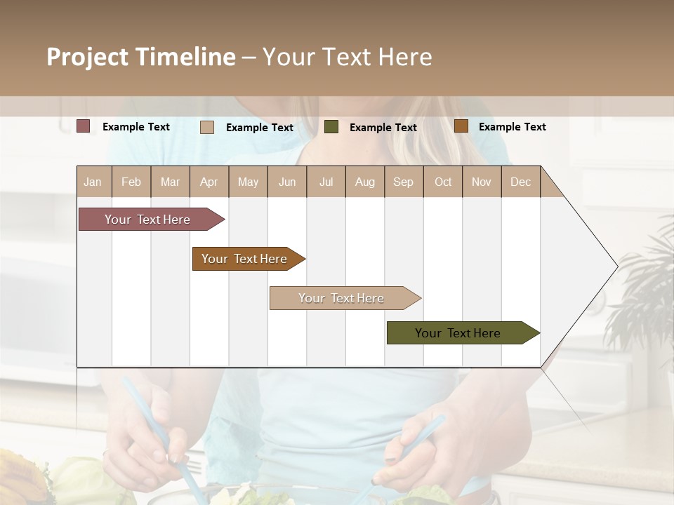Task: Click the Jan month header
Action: click(93, 182)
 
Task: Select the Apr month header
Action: click(209, 182)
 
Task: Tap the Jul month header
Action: click(326, 182)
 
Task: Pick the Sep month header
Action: click(404, 182)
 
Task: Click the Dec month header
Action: click(521, 182)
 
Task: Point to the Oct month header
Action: click(443, 182)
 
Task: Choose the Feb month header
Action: click(131, 182)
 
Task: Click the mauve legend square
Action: click(84, 126)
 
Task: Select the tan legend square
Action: click(207, 127)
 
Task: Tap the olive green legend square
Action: click(331, 127)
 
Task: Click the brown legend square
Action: click(461, 126)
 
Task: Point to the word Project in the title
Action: click(87, 57)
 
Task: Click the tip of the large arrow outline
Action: click(616, 267)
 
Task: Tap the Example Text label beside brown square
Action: click(513, 127)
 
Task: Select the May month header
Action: click(248, 182)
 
